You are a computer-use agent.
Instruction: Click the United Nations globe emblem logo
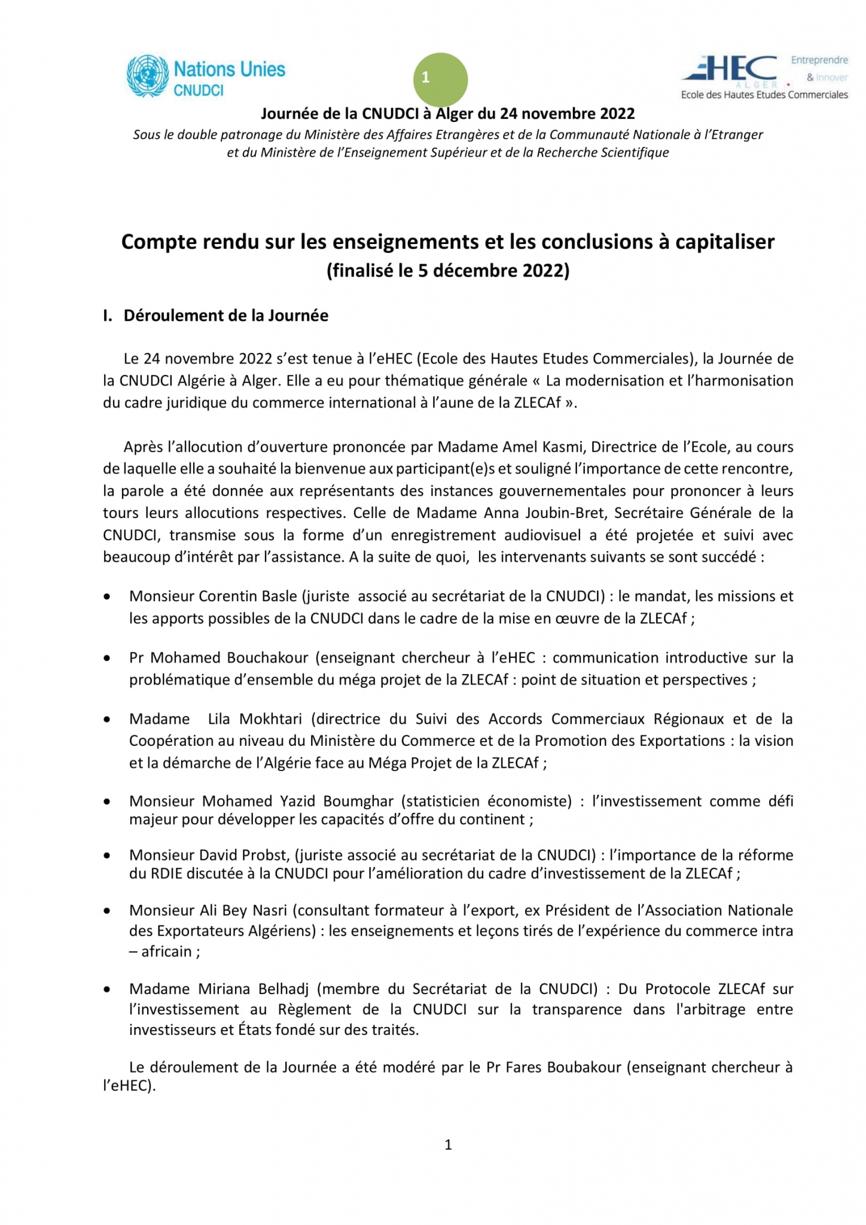tap(147, 76)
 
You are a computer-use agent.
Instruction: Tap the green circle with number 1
tap(440, 79)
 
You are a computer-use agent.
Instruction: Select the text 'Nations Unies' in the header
tap(230, 69)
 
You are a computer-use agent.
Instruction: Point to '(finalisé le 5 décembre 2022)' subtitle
tap(448, 271)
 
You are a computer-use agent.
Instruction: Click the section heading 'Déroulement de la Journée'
tap(225, 316)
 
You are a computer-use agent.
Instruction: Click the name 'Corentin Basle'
tap(248, 596)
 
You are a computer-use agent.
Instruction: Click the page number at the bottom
tap(448, 1144)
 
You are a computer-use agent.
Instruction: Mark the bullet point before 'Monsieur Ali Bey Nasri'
tap(107, 911)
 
